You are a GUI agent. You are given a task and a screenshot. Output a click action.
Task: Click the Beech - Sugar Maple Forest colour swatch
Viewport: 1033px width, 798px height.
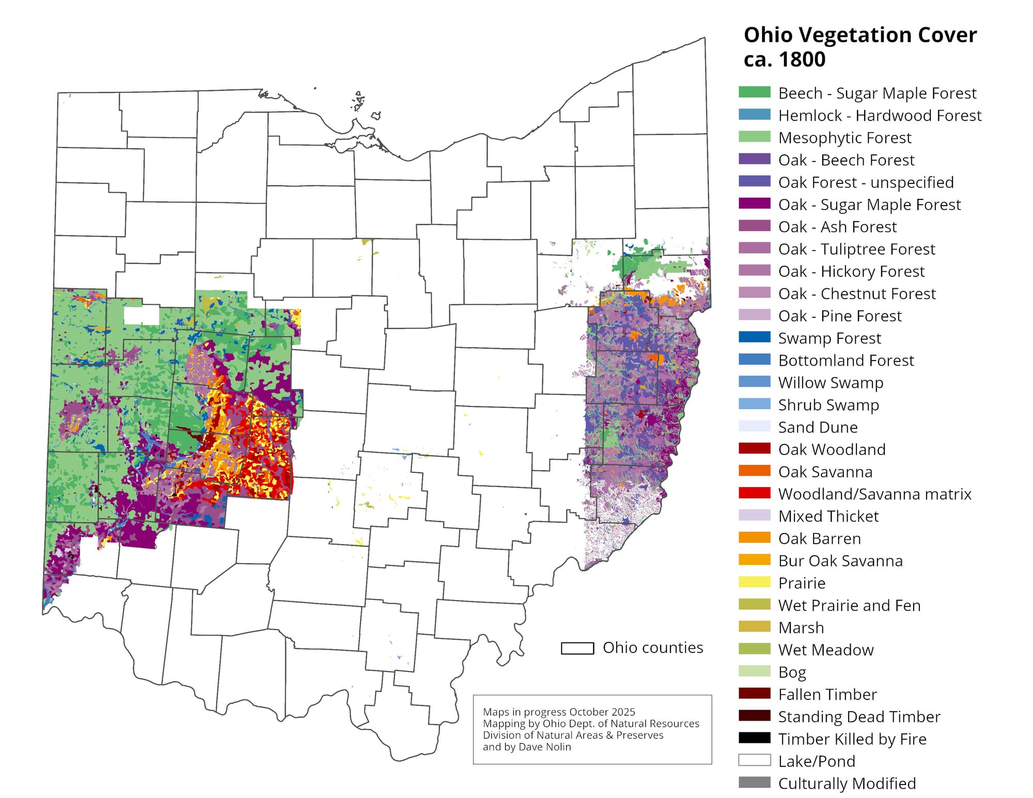[x=754, y=92]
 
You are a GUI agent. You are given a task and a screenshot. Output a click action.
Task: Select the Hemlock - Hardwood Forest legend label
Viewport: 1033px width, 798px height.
[x=879, y=115]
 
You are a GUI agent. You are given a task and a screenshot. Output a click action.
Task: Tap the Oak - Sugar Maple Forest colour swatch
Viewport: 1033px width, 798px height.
[x=754, y=204]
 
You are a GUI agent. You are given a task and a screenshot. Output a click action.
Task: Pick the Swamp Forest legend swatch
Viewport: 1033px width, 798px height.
[x=754, y=337]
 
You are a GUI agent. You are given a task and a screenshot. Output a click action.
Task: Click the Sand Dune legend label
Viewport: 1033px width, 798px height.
[x=818, y=427]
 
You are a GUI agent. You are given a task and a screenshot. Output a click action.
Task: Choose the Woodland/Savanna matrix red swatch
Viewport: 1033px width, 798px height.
[x=754, y=493]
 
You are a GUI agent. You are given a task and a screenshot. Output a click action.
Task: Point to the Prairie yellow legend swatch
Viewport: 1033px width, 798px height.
[x=754, y=582]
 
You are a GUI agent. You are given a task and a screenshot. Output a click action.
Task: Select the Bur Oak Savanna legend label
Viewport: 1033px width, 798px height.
[x=840, y=560]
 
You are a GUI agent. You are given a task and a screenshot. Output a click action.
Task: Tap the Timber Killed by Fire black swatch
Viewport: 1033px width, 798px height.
[x=754, y=738]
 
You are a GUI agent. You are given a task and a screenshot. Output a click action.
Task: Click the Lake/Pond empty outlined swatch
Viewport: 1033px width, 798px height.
[x=754, y=760]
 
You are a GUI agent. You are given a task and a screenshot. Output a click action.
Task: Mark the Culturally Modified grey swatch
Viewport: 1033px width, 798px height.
[x=754, y=783]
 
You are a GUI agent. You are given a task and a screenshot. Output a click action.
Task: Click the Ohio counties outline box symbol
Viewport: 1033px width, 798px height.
[x=577, y=648]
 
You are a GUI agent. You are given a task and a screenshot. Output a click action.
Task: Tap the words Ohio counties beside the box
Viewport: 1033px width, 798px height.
[x=652, y=648]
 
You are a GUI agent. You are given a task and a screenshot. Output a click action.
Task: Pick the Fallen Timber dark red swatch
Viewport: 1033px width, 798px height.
[x=754, y=694]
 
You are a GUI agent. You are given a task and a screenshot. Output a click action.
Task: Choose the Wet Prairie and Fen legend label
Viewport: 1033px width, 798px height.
[x=849, y=605]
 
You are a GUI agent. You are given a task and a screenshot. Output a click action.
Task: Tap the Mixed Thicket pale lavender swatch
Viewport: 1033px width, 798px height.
[x=754, y=515]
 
